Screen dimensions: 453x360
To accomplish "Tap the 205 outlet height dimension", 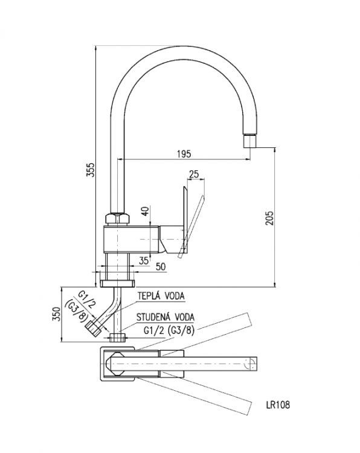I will coord(270,217).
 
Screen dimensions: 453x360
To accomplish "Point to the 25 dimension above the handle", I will coord(194,175).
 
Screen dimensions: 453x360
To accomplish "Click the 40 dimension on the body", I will coord(144,212).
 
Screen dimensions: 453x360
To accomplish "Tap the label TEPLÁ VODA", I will coord(161,296).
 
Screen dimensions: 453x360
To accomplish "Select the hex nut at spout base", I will coord(118,218).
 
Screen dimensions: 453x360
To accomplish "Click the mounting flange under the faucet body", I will coord(118,282).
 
